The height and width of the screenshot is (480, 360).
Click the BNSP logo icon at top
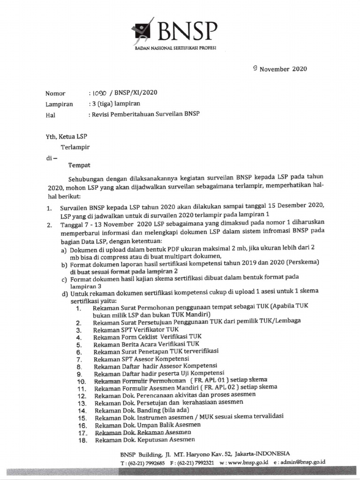(143, 30)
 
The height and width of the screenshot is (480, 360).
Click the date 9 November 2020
(279, 68)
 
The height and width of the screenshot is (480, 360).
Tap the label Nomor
(55, 93)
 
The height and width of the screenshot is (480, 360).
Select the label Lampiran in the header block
(59, 104)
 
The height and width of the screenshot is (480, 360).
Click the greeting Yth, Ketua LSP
(66, 136)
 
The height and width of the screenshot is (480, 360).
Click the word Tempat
(79, 165)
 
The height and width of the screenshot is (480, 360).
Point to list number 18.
(82, 441)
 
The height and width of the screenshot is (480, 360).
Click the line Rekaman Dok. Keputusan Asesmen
(144, 441)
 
